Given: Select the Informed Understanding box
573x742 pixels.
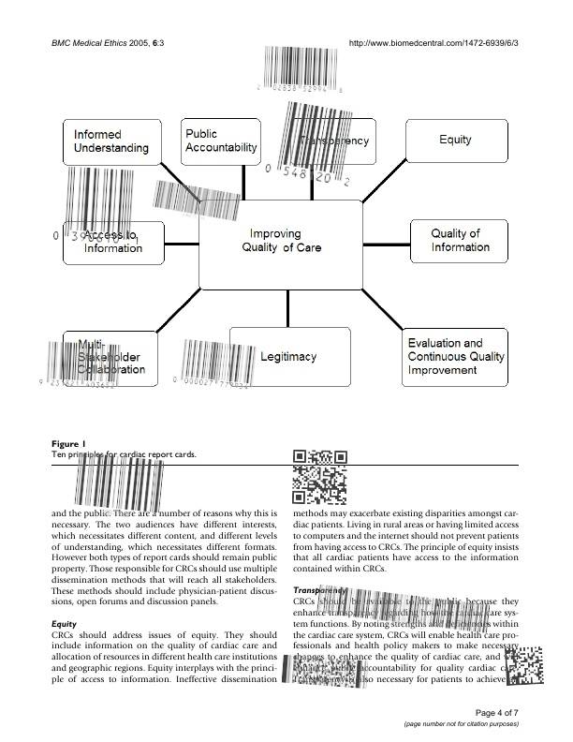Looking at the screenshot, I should pyautogui.click(x=110, y=142).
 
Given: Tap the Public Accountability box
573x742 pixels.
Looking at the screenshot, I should pyautogui.click(x=220, y=142).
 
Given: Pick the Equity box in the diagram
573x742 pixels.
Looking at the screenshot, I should pyautogui.click(x=455, y=141).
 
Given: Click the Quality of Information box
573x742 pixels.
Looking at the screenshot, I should pyautogui.click(x=460, y=242).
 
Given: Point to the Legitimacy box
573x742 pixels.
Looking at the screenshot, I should pyautogui.click(x=290, y=357).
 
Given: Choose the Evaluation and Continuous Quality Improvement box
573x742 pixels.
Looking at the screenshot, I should pyautogui.click(x=456, y=357).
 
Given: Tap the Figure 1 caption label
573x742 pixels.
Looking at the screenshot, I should pyautogui.click(x=68, y=443).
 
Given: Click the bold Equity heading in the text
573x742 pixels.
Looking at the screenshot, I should pyautogui.click(x=65, y=622).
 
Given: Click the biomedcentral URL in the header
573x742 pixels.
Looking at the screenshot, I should pyautogui.click(x=433, y=43).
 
